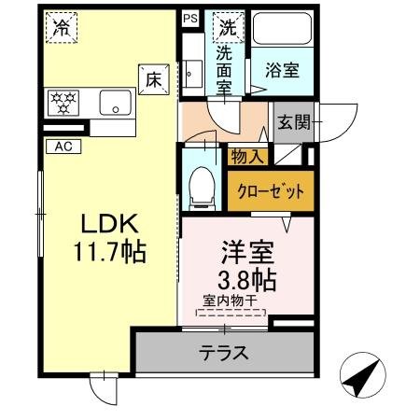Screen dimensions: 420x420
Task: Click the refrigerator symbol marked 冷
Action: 61,28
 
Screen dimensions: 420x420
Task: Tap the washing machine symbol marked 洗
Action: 227,28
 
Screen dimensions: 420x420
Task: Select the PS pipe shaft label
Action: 190,18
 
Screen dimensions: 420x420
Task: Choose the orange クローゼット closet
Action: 271,191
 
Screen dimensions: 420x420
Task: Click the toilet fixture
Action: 200,187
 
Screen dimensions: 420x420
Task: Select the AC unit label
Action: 63,146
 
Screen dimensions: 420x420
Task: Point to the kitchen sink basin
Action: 116,103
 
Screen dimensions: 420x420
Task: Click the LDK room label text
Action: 108,224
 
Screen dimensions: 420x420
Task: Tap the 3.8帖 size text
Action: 245,278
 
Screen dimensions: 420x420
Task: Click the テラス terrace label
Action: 223,353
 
